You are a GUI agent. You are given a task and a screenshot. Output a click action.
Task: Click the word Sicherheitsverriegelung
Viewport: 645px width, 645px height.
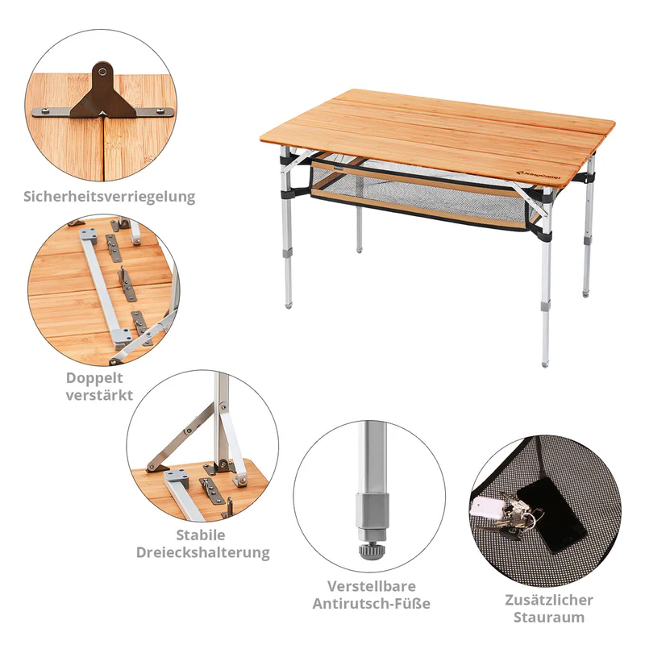pos(110,196)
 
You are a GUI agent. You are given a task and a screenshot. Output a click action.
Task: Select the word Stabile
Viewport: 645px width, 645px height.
pos(201,535)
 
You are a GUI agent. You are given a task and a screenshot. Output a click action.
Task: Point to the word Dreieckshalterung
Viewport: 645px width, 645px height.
pos(201,553)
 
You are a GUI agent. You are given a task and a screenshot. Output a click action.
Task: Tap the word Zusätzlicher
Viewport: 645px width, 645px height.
pos(550,600)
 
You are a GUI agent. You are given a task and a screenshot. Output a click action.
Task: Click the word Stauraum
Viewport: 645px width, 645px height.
pos(550,618)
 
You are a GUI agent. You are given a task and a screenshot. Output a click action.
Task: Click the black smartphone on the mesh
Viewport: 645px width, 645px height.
pos(550,516)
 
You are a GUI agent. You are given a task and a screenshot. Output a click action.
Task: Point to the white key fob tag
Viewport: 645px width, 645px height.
pos(486,506)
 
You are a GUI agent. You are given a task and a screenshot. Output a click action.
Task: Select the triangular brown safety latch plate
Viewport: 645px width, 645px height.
pos(102,97)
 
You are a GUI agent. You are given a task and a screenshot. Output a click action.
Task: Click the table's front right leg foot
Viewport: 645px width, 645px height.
pos(548,357)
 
